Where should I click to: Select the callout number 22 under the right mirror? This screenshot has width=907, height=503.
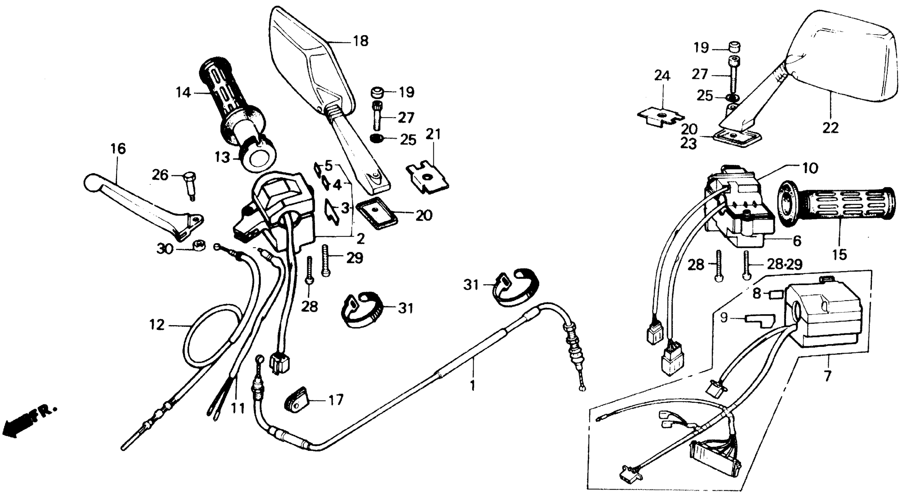(x=830, y=128)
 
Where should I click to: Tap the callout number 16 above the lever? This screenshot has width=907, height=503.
(x=118, y=149)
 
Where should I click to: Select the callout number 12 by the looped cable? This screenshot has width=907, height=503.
(x=157, y=325)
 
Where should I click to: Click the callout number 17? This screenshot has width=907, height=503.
(x=336, y=400)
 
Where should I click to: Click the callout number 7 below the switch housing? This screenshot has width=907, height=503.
(x=827, y=376)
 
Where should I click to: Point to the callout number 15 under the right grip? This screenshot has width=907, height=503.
(x=839, y=255)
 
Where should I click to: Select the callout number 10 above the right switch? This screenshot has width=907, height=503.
(x=810, y=168)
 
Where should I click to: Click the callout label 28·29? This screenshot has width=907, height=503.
(x=784, y=264)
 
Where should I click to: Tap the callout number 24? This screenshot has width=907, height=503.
(x=662, y=76)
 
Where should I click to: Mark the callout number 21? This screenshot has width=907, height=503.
(x=433, y=134)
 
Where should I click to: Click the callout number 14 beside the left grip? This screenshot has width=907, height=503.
(x=183, y=93)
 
